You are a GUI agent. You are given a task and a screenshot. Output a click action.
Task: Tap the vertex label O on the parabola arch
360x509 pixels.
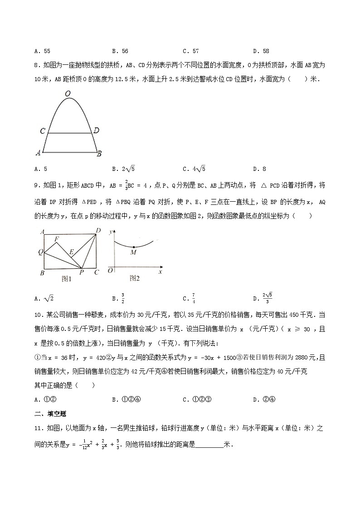pos(68,94)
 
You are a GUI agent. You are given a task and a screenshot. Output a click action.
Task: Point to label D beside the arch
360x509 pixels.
pos(96,131)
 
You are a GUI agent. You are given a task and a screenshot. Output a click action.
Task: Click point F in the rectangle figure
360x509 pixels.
pos(56,238)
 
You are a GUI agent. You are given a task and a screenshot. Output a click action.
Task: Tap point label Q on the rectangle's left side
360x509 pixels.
pos(40,252)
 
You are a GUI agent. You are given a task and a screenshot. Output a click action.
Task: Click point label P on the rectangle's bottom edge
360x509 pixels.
pos(82,272)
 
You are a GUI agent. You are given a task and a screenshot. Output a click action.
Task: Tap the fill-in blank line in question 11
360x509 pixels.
pos(209,445)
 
